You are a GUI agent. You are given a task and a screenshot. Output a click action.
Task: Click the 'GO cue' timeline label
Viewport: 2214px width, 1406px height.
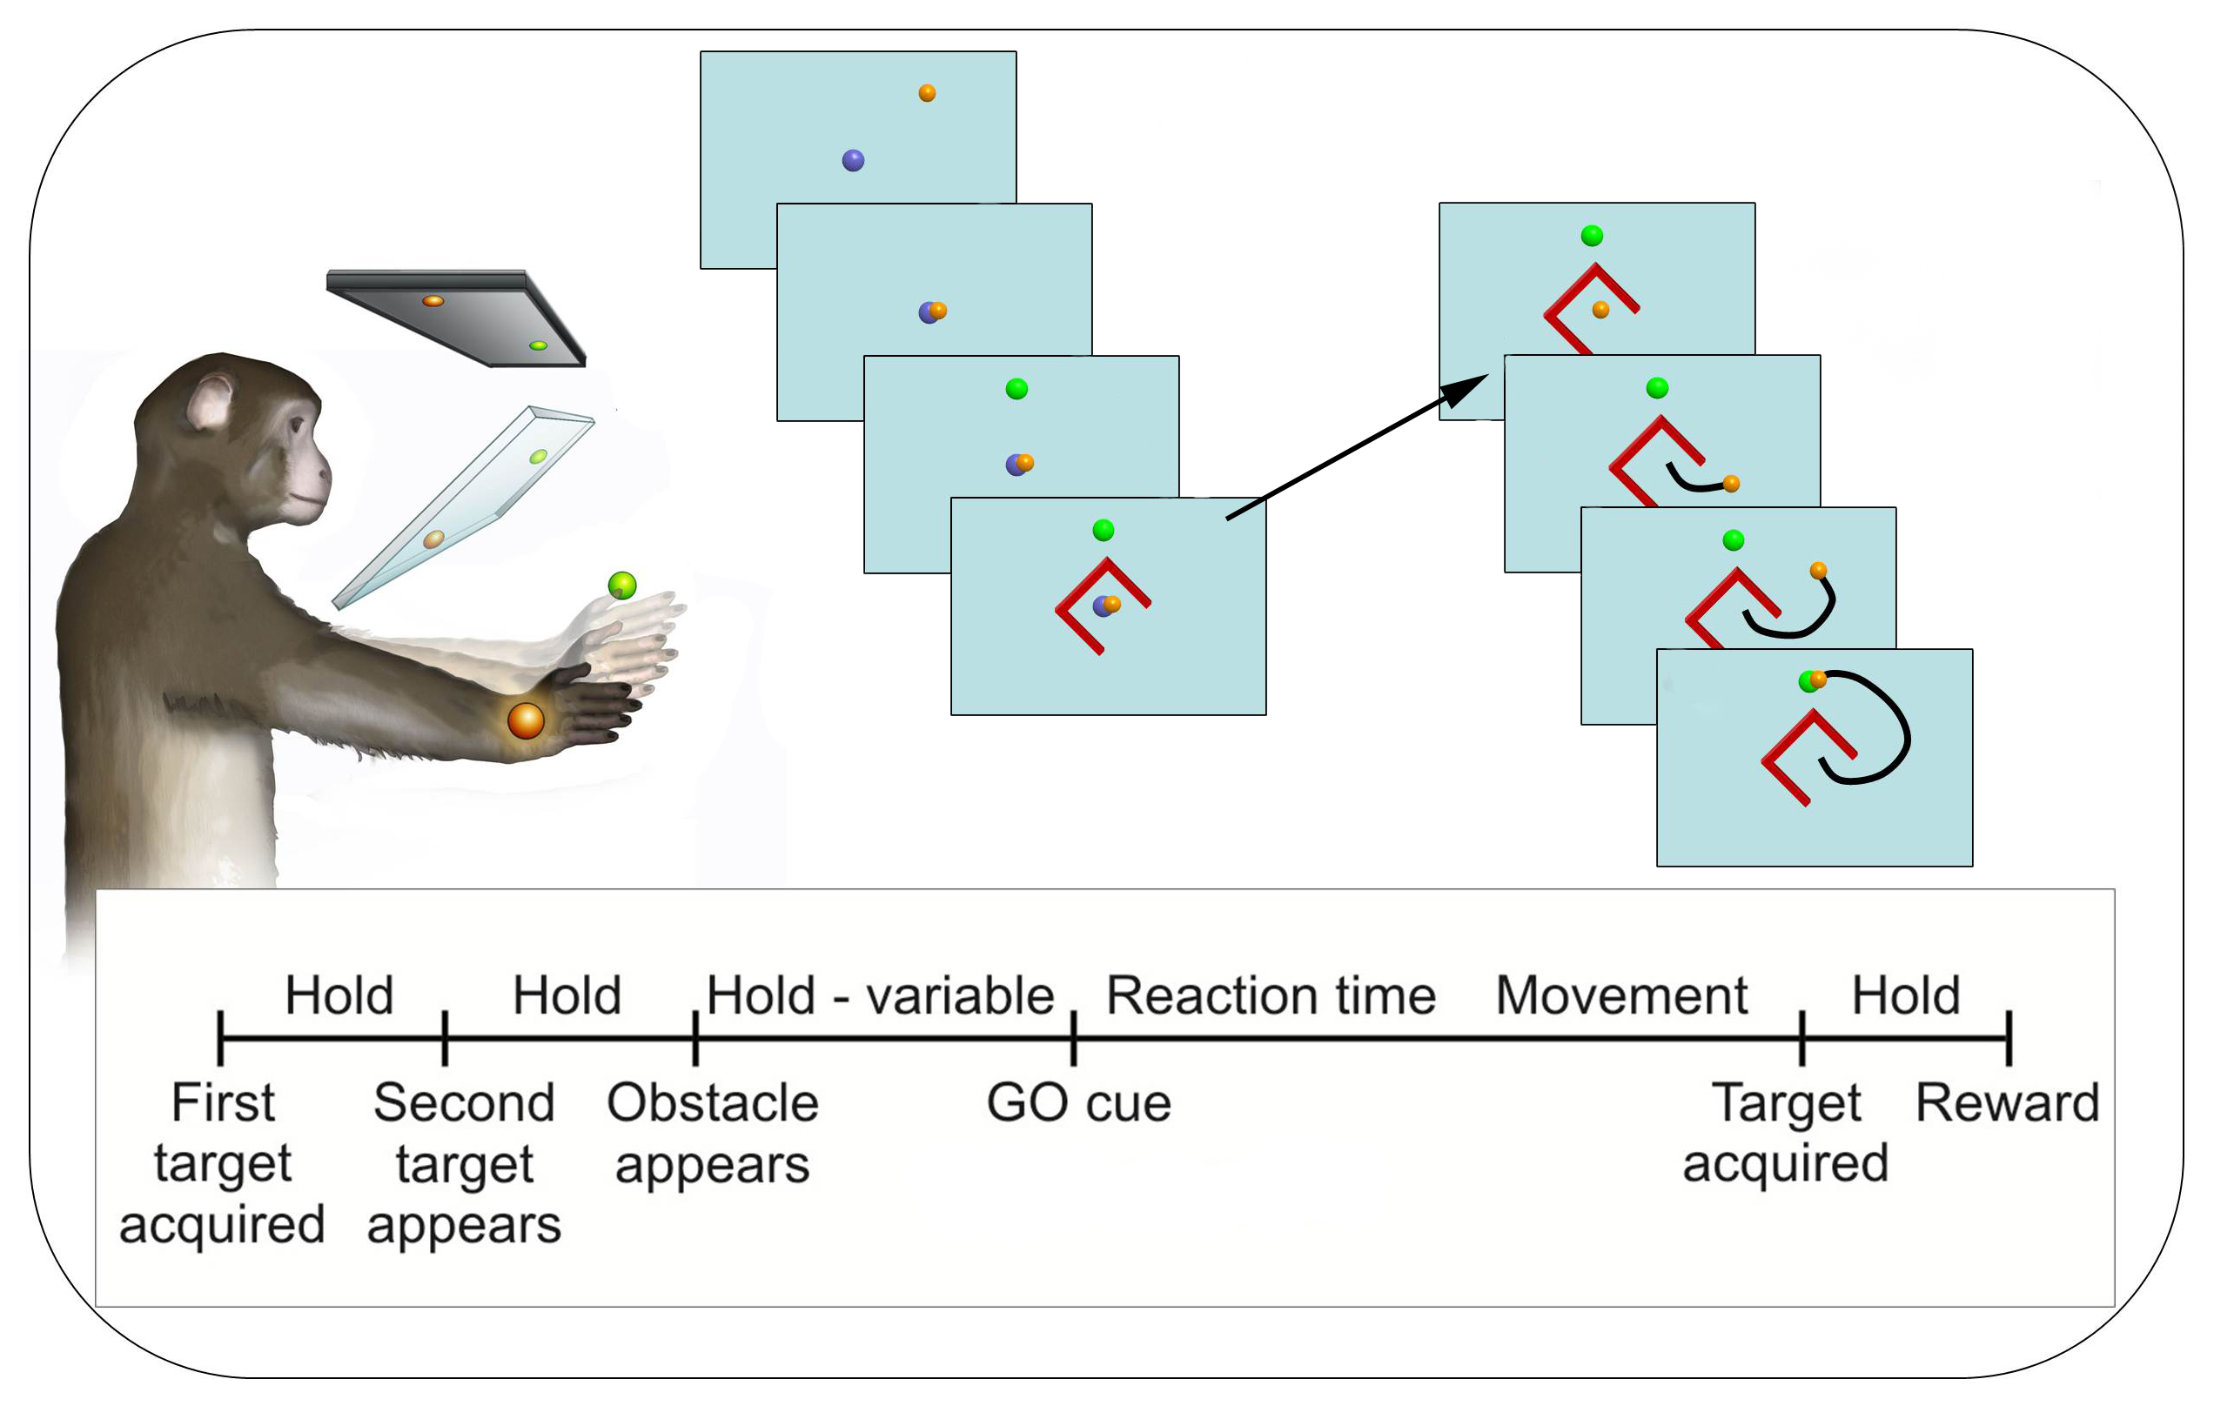tap(1078, 1102)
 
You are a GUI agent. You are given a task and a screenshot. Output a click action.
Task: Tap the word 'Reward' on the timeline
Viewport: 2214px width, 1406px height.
tap(2007, 1102)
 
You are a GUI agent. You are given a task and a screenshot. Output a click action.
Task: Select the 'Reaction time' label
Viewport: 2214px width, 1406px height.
tap(1271, 995)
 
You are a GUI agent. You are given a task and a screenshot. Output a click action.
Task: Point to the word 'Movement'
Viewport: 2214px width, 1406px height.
tap(1621, 995)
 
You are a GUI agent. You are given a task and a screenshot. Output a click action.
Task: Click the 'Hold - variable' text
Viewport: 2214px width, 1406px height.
tap(880, 995)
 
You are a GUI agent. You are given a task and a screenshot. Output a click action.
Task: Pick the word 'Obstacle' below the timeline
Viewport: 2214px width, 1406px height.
tap(713, 1102)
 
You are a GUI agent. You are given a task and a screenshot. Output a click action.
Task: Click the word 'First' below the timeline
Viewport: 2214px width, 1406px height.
tap(223, 1102)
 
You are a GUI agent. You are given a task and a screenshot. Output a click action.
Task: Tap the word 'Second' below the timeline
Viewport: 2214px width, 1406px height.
tap(465, 1102)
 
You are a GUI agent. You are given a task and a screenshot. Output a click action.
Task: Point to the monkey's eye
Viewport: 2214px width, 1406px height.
tap(296, 425)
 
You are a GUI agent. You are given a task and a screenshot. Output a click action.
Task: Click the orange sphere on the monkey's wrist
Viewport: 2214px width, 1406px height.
tap(526, 720)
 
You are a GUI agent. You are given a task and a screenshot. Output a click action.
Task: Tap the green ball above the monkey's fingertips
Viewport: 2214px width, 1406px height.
tap(622, 585)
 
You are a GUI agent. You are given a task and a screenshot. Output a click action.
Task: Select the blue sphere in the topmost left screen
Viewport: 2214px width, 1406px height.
tap(853, 161)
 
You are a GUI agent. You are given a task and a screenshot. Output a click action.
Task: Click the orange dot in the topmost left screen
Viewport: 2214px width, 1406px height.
tap(927, 93)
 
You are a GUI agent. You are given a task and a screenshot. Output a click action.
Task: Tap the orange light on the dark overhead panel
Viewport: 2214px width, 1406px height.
tap(433, 300)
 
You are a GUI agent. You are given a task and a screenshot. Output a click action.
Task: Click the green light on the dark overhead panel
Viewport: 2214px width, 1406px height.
tap(538, 345)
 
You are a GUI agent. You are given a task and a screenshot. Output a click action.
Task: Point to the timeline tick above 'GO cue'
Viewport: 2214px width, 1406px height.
tap(1074, 1039)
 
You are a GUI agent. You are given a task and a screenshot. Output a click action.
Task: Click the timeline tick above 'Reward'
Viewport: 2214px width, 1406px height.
tap(2009, 1039)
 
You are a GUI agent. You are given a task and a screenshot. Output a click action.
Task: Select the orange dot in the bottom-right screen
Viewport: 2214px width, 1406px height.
tap(1818, 680)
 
